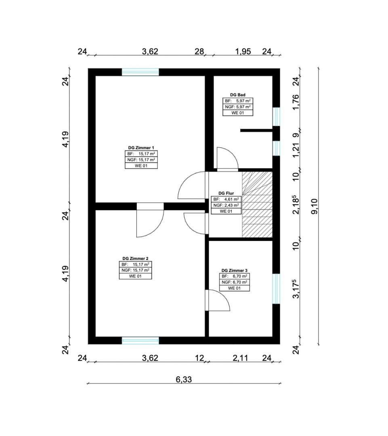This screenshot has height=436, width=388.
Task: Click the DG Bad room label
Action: (x=237, y=95)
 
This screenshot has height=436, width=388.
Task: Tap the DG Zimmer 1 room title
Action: (x=141, y=148)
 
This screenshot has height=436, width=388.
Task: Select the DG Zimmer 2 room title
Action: (x=135, y=258)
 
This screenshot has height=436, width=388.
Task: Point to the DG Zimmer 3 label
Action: (x=235, y=270)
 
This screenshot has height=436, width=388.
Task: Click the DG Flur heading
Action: (x=226, y=193)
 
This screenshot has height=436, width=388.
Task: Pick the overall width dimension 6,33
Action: (x=184, y=379)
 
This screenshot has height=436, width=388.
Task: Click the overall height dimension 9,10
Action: (x=315, y=206)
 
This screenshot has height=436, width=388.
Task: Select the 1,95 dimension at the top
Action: (x=243, y=51)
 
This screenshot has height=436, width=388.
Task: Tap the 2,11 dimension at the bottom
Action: (x=240, y=358)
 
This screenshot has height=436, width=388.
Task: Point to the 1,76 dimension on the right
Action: (x=296, y=102)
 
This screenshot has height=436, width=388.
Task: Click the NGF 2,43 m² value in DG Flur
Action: (x=226, y=205)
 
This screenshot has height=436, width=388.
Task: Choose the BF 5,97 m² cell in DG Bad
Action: (x=237, y=101)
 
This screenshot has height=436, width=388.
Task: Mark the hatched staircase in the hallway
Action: (x=257, y=205)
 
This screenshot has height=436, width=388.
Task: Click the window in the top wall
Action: (x=141, y=72)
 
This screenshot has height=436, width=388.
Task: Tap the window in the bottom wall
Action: (x=141, y=341)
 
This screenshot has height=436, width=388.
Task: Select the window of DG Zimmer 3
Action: (x=276, y=289)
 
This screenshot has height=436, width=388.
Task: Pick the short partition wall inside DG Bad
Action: (x=256, y=130)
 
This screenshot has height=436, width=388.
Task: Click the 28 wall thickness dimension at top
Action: (x=199, y=51)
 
